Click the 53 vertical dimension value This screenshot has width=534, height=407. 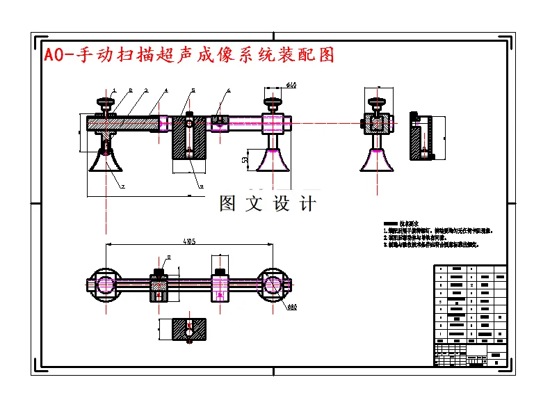pyautogui.click(x=246, y=159)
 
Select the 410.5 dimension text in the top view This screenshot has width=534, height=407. pyautogui.click(x=188, y=241)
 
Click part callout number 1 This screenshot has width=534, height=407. pyautogui.click(x=113, y=90)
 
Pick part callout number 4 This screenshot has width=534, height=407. pyautogui.click(x=166, y=90)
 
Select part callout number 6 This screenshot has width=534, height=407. pyautogui.click(x=229, y=90)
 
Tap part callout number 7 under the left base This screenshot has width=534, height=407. pyautogui.click(x=122, y=186)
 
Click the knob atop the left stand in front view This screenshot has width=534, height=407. pyautogui.click(x=106, y=106)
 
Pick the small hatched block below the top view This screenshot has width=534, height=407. pyautogui.click(x=188, y=329)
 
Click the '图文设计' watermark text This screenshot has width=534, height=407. pyautogui.click(x=268, y=204)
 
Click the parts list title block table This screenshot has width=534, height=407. pyautogui.click(x=470, y=315)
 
